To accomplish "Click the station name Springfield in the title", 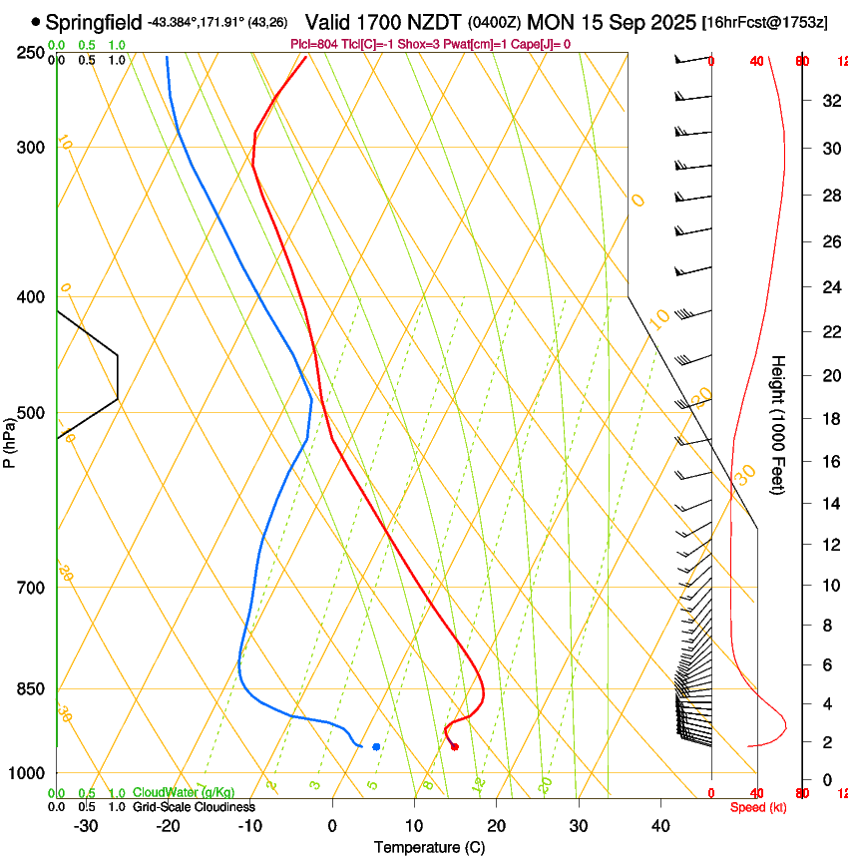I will tap(94, 21).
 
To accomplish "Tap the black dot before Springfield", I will tap(36, 21).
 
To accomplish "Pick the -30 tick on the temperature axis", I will tap(86, 825).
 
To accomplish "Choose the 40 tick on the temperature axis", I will tap(659, 825).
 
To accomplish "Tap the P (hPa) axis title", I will tap(9, 441).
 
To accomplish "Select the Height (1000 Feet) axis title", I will tap(778, 424).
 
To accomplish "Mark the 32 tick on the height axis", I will tap(829, 101).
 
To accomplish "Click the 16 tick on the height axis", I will tap(829, 462).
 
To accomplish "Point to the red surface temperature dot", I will tap(454, 746).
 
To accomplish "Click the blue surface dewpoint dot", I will tap(376, 746).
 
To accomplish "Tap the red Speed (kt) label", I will tap(758, 807).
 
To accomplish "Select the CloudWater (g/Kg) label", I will tap(185, 793).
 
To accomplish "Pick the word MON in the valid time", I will tap(549, 21).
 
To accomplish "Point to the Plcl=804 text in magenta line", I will tap(312, 44).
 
